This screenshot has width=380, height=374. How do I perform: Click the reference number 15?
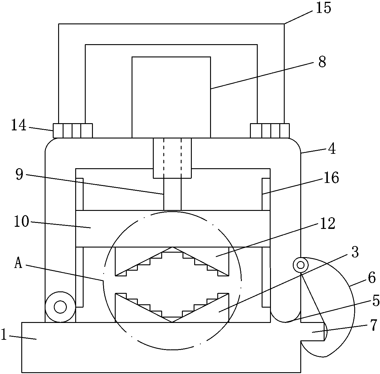point(323,8)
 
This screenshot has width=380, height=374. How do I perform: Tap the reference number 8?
point(322,62)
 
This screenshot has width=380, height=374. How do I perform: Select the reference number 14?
point(19,125)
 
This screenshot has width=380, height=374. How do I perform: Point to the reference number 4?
point(332,149)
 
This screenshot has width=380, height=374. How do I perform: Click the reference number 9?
point(19,174)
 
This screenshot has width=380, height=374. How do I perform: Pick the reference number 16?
point(331,178)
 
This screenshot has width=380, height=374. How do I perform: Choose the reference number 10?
point(22,221)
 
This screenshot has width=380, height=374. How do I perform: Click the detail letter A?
point(18,264)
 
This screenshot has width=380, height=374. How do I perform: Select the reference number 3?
point(355,252)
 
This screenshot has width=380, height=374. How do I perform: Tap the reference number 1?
point(4,334)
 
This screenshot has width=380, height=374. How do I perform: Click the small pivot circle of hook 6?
point(301,265)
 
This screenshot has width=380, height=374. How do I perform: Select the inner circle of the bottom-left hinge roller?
point(60,307)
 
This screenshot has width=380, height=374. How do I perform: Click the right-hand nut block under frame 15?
point(270,131)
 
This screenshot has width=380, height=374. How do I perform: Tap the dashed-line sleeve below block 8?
point(172,158)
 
